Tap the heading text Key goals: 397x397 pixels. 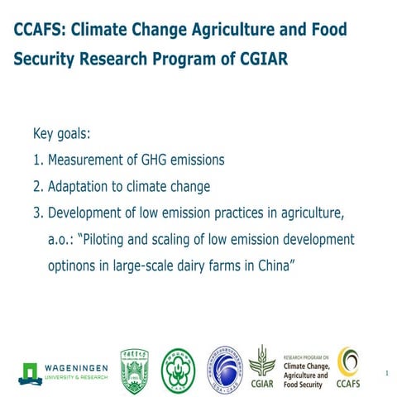[x=68, y=133]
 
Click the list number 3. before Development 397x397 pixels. [x=38, y=213]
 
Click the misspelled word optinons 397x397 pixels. [x=74, y=266]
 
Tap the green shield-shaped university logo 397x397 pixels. [x=135, y=365]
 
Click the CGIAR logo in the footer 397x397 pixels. [x=262, y=365]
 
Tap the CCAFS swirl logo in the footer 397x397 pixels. [x=348, y=365]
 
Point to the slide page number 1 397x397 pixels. [x=386, y=374]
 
